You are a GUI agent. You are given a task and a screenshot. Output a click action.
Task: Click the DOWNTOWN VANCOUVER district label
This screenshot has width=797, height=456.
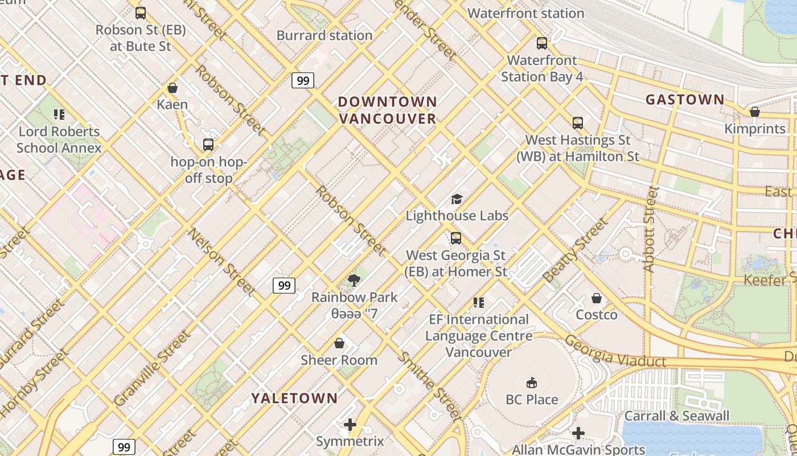(x=388, y=110)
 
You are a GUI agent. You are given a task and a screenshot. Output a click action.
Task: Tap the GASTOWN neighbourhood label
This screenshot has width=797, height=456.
(x=685, y=100)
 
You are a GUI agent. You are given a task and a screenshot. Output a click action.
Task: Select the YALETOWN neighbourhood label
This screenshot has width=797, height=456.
(x=295, y=398)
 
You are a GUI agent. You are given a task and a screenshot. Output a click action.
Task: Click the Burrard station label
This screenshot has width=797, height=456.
(x=324, y=35)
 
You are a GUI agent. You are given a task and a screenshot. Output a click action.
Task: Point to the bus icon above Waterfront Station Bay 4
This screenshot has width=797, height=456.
(x=541, y=43)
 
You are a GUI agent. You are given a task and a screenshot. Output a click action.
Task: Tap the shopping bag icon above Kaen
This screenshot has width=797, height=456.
(x=172, y=88)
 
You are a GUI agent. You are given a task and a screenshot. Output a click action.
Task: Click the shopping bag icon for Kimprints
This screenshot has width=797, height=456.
(x=755, y=112)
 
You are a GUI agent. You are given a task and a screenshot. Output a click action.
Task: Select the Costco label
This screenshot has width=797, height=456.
(x=597, y=315)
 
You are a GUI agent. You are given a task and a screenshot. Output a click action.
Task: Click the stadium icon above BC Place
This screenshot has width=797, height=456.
(x=532, y=382)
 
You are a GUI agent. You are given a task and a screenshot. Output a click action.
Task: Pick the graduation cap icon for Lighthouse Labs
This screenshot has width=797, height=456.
(x=457, y=199)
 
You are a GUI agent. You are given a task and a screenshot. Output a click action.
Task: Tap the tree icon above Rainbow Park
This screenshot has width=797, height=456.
(x=354, y=280)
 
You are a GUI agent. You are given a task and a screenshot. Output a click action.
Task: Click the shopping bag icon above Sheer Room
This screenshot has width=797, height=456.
(x=339, y=343)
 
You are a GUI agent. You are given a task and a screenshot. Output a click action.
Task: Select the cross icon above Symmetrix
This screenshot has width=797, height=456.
(x=350, y=424)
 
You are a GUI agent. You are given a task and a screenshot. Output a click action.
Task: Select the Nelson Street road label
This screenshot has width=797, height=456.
(x=221, y=262)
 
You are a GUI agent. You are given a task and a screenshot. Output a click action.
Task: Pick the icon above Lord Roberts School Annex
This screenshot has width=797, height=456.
(x=59, y=115)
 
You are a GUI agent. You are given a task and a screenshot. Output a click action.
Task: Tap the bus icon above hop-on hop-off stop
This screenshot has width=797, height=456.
(x=208, y=145)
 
